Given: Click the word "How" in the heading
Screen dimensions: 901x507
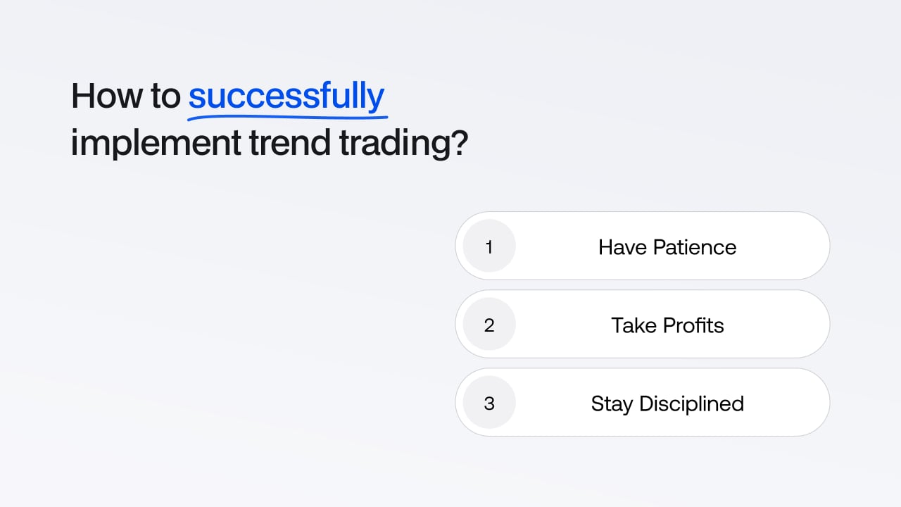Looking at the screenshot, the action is [106, 96].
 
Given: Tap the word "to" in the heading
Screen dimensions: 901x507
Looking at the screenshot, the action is [165, 96].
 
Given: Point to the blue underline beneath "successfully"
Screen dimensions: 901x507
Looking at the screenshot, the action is [288, 118].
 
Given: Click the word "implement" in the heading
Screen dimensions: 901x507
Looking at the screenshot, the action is [156, 143].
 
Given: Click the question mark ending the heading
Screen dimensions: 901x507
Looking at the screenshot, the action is [460, 142].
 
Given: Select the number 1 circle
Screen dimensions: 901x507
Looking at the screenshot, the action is [489, 246].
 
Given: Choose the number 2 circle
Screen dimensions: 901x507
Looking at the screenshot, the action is [489, 325].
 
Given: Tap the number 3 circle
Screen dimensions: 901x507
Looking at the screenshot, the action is [489, 402].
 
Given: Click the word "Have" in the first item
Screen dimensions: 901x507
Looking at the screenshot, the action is [622, 247].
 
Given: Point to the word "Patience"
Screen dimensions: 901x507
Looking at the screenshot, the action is [695, 247].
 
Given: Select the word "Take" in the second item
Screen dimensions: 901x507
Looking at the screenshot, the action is [634, 325].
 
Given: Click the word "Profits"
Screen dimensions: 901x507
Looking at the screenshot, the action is [693, 325].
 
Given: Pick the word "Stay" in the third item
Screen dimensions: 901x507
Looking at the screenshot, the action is [612, 404].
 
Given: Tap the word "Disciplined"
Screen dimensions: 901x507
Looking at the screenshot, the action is [692, 403].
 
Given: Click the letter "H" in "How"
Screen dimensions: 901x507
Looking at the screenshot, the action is [83, 96].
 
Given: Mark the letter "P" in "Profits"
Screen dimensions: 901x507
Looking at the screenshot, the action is [669, 325].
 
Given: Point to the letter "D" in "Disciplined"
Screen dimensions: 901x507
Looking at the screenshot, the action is [648, 403].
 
